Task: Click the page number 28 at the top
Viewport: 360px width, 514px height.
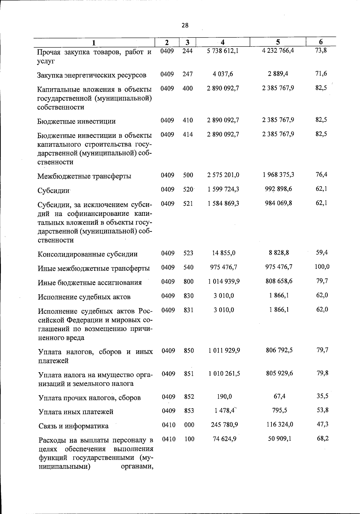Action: pyautogui.click(x=185, y=25)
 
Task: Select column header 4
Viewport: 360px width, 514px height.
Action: pyautogui.click(x=222, y=42)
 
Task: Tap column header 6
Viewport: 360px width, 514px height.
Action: pyautogui.click(x=321, y=42)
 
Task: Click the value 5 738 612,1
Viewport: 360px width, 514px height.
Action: pyautogui.click(x=223, y=51)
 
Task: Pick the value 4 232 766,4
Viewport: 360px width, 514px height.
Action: pyautogui.click(x=278, y=50)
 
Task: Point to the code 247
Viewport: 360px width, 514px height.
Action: pyautogui.click(x=187, y=74)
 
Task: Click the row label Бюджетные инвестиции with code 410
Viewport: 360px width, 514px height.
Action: pyautogui.click(x=76, y=121)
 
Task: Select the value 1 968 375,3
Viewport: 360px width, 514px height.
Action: pyautogui.click(x=278, y=175)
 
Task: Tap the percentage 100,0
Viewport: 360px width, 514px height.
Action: pyautogui.click(x=322, y=267)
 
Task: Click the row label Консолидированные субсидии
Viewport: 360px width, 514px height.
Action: pyautogui.click(x=88, y=254)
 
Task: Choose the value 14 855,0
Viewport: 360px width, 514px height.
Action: pyautogui.click(x=224, y=253)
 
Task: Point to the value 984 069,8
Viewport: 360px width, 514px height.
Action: pyautogui.click(x=278, y=203)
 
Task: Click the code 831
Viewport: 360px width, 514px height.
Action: pyautogui.click(x=189, y=310)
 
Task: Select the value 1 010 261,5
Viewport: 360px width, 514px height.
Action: pyautogui.click(x=224, y=373)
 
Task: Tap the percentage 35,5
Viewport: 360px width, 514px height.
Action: pyautogui.click(x=322, y=396)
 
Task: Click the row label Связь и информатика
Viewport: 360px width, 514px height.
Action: pyautogui.click(x=73, y=426)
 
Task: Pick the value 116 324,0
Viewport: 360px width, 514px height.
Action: pyautogui.click(x=280, y=424)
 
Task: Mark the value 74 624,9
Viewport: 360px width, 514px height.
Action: pyautogui.click(x=224, y=439)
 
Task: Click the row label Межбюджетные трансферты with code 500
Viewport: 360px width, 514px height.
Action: pyautogui.click(x=84, y=176)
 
